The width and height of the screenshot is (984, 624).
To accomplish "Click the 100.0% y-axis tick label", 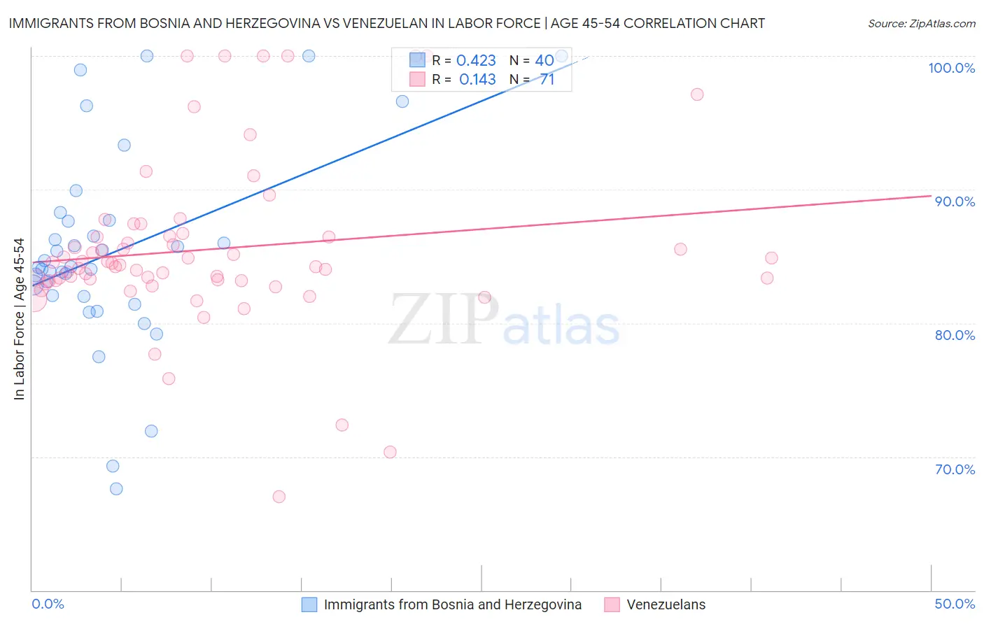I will [951, 68].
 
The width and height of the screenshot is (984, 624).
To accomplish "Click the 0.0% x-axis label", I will [48, 604].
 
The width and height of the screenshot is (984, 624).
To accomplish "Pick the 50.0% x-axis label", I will [955, 604].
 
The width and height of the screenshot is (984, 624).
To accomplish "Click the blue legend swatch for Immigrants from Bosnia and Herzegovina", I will [309, 604].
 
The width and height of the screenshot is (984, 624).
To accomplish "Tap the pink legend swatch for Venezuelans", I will [612, 604].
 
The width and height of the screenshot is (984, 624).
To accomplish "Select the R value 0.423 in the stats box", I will [476, 61].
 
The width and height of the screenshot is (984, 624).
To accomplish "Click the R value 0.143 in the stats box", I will [477, 80].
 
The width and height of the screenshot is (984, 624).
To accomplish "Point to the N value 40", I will [544, 61].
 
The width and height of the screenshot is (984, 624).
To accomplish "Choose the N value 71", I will [547, 80].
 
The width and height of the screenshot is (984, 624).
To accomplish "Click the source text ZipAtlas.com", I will [942, 24].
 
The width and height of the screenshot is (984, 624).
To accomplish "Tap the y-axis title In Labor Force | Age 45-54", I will [20, 319].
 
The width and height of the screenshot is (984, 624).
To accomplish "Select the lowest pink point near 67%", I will [279, 497].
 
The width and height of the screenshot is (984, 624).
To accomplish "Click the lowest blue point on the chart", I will [116, 489].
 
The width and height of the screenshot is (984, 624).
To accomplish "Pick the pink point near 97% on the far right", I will [697, 94].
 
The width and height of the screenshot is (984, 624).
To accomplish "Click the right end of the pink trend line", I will [931, 196].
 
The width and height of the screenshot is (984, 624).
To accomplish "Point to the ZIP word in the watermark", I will [443, 320].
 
